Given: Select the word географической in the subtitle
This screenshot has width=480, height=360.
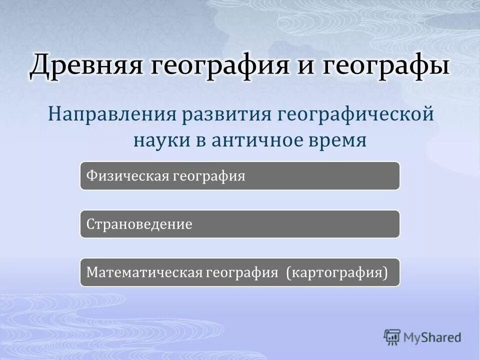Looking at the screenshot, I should tap(355, 113).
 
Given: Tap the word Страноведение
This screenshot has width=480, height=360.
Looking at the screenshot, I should tap(139, 224).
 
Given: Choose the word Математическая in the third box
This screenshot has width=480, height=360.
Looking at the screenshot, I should tap(144, 272).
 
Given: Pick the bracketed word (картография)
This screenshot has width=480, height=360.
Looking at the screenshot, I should tap(337, 272).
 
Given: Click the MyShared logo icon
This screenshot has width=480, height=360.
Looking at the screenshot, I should tap(392, 337).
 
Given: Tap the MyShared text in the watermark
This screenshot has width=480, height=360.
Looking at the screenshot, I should tap(432, 337).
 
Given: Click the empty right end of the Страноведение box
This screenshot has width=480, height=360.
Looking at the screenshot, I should tap(350, 224).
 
